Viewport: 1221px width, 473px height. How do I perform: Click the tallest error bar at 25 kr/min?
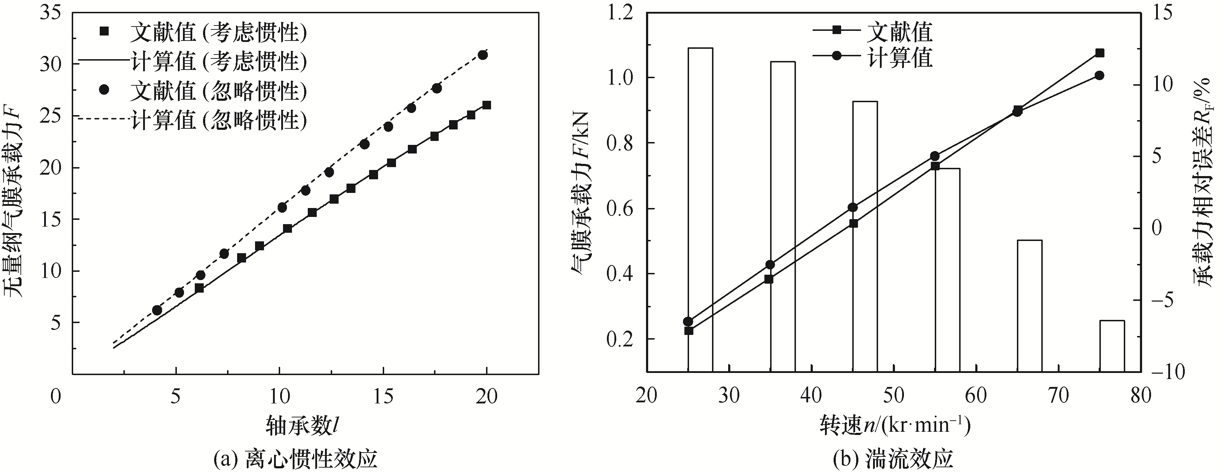pos(700,209)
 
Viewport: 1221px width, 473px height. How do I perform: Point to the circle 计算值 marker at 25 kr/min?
pos(688,321)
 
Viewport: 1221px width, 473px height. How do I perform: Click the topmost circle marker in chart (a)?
pos(482,55)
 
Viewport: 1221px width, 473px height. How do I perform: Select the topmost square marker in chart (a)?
pos(486,105)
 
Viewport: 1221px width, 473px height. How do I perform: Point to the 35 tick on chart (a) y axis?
pos(52,13)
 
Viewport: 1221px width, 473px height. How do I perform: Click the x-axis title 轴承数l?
pos(304,425)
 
